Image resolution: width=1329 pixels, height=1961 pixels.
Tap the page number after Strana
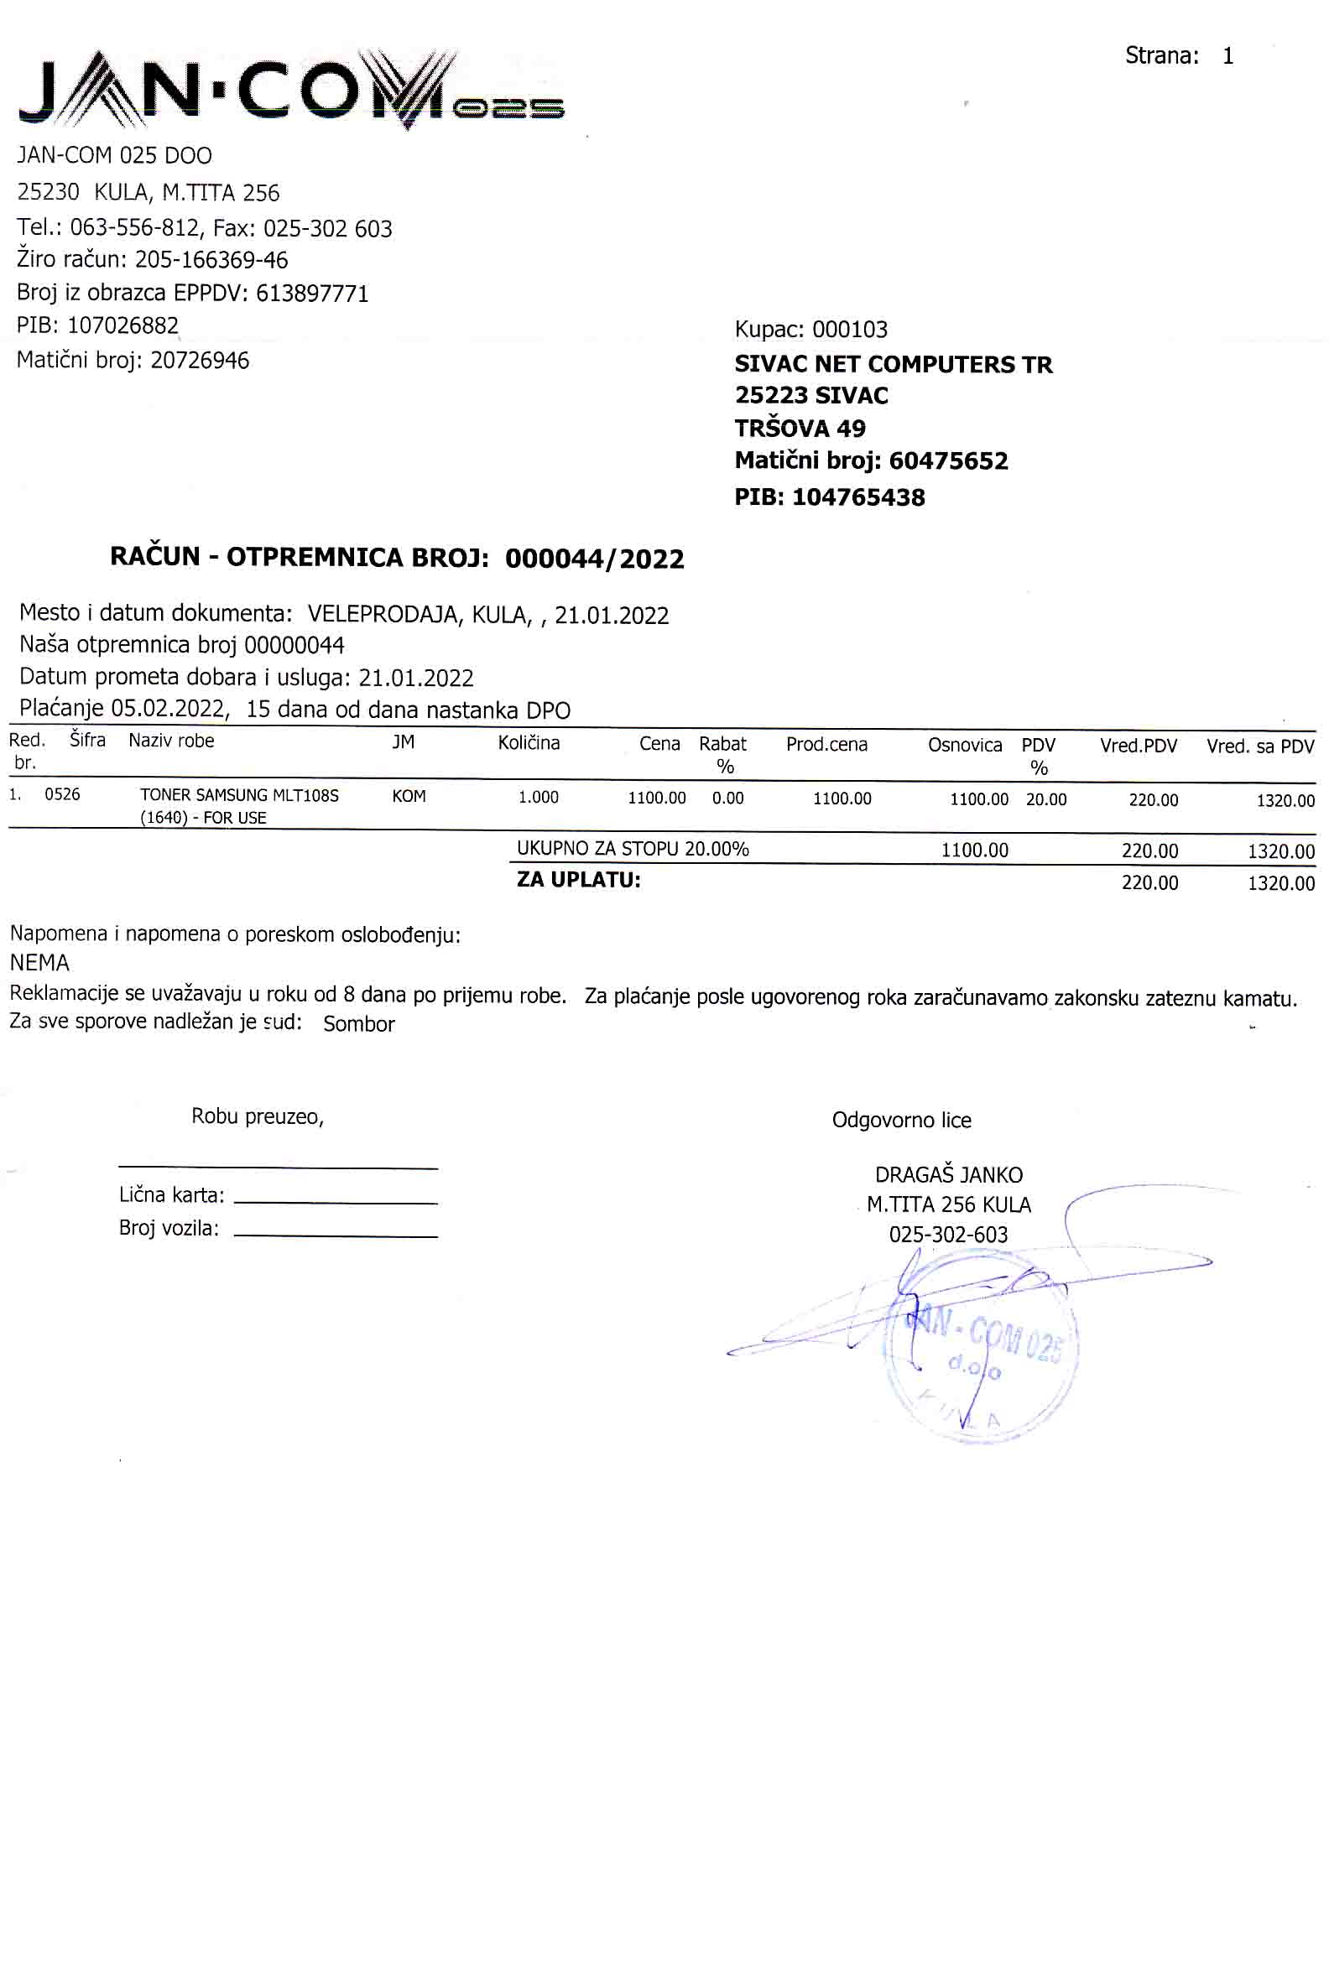pyautogui.click(x=1227, y=55)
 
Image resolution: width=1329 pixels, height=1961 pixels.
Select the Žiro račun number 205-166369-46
pyautogui.click(x=211, y=260)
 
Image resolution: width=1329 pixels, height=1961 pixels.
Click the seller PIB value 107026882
pyautogui.click(x=123, y=325)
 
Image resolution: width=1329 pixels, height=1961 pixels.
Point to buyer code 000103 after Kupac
pyautogui.click(x=850, y=329)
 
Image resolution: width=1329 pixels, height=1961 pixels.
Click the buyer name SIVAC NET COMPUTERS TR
pyautogui.click(x=893, y=365)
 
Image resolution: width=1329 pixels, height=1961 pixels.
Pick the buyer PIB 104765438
pyautogui.click(x=858, y=497)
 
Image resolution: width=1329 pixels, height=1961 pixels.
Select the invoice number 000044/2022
pyautogui.click(x=594, y=559)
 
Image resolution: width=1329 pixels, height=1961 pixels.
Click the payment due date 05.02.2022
pyautogui.click(x=169, y=708)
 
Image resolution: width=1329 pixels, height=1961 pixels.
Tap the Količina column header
pyautogui.click(x=529, y=742)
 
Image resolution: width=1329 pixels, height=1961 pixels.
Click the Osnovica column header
pyautogui.click(x=965, y=745)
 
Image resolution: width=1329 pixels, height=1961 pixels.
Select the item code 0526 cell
pyautogui.click(x=62, y=794)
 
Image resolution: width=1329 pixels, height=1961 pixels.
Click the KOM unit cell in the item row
pyautogui.click(x=409, y=796)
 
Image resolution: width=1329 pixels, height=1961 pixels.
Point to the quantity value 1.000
pyautogui.click(x=538, y=797)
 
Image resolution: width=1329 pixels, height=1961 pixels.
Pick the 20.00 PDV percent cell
pyautogui.click(x=1045, y=799)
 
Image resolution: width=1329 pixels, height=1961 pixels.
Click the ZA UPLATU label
pyautogui.click(x=578, y=880)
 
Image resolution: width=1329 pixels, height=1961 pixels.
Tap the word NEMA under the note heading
pyautogui.click(x=39, y=963)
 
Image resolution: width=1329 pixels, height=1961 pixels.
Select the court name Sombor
pyautogui.click(x=358, y=1024)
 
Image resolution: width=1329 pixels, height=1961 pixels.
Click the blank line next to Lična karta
pyautogui.click(x=335, y=1200)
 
